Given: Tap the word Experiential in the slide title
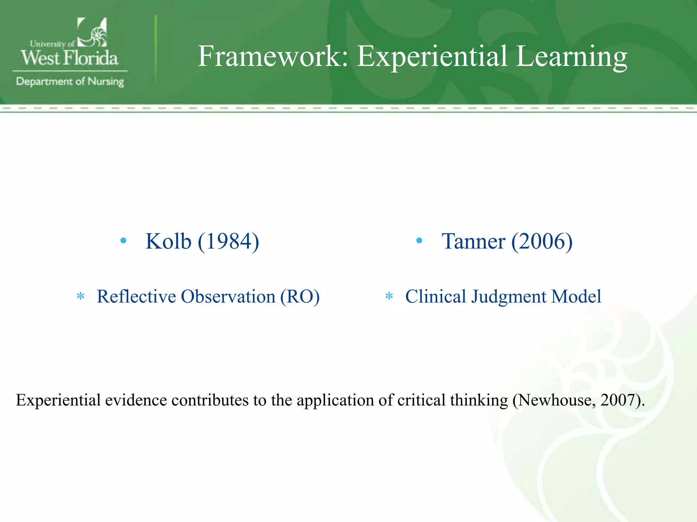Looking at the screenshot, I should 432,56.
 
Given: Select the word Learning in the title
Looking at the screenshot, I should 571,56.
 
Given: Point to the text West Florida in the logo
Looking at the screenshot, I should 69,58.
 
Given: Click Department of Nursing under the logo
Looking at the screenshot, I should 70,82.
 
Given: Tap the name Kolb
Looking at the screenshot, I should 168,241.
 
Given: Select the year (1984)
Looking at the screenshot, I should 228,241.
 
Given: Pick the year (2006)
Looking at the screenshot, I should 542,241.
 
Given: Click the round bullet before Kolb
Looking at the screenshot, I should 123,241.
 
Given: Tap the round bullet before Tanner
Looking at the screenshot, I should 419,241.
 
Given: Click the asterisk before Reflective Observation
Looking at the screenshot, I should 81,296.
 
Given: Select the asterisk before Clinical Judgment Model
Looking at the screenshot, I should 389,296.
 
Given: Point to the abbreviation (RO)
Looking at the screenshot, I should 299,296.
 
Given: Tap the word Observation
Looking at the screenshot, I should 228,296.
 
